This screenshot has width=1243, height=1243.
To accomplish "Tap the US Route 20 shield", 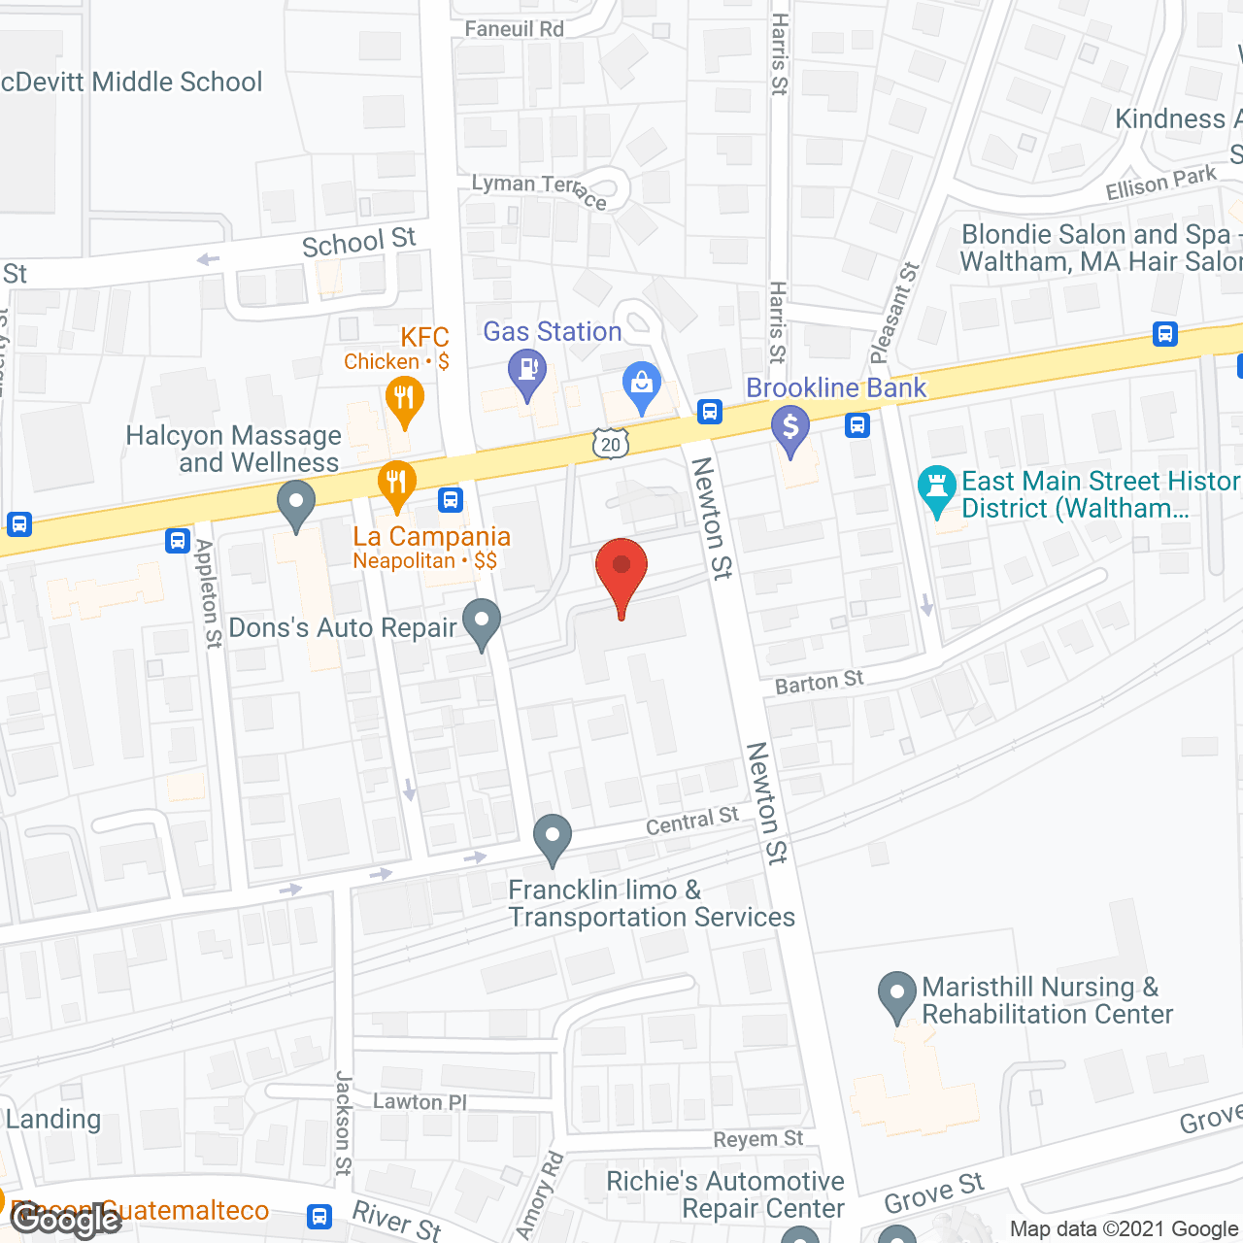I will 610,445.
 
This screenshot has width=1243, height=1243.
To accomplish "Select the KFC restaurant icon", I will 404,399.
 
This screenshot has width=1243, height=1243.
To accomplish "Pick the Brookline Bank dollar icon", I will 790,427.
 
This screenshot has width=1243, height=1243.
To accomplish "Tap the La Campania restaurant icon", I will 396,483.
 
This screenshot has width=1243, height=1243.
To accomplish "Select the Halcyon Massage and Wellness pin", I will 296,506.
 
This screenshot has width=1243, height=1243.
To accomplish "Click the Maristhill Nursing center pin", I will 896,994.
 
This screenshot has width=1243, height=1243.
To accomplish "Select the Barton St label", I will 819,682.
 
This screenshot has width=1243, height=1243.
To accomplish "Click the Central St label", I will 692,822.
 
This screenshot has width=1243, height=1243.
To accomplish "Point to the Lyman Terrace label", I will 539,190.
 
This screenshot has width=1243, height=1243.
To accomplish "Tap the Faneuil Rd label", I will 514,29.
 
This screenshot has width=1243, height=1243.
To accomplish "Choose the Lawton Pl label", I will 420,1101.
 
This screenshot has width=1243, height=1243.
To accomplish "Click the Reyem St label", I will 758,1139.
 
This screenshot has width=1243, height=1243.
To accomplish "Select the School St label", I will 358,243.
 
